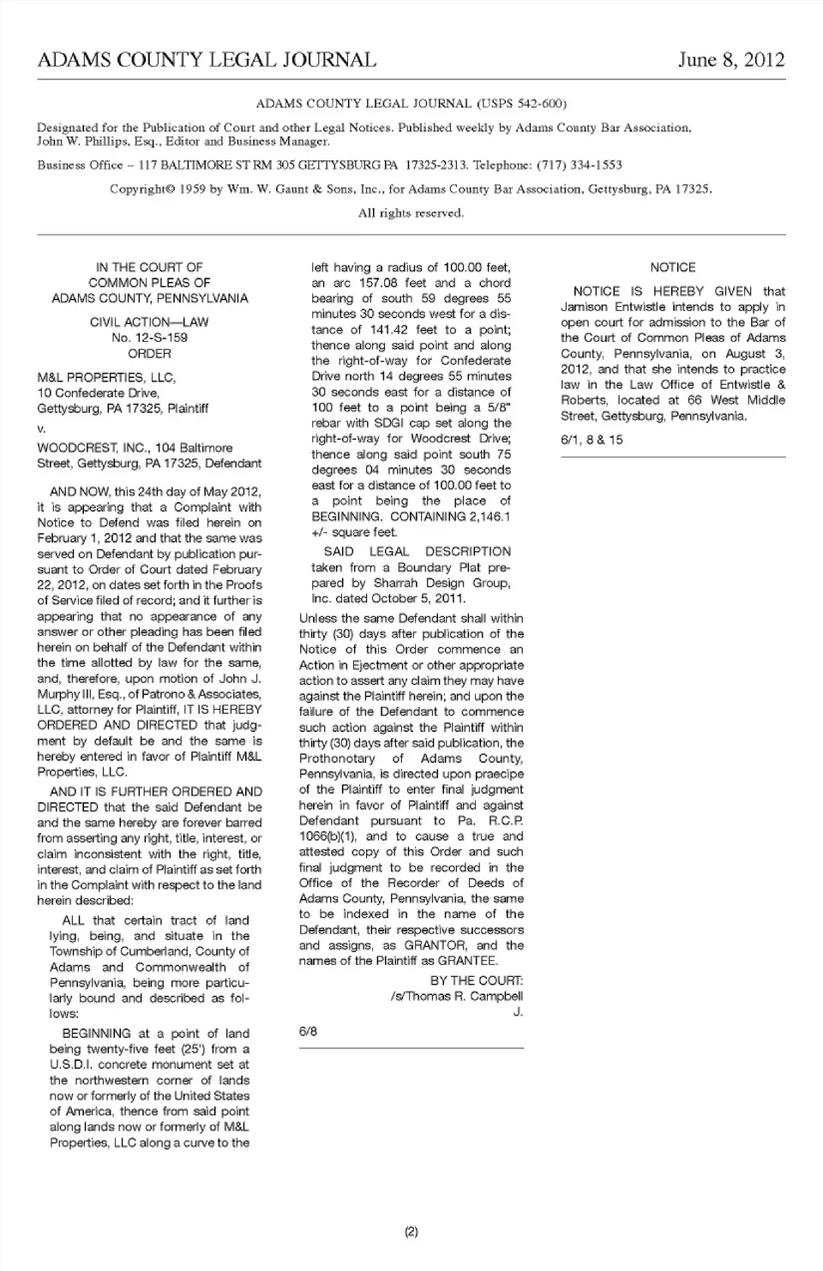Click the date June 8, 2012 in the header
(730, 60)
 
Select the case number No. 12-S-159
(150, 338)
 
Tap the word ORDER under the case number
(150, 353)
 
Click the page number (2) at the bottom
(411, 1232)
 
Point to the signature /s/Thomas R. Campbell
(455, 996)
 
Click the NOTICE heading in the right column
(673, 267)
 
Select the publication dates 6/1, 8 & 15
(592, 440)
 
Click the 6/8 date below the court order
(308, 1031)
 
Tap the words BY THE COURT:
(476, 980)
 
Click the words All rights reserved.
(411, 213)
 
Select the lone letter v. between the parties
(41, 429)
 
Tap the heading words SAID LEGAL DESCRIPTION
(417, 551)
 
